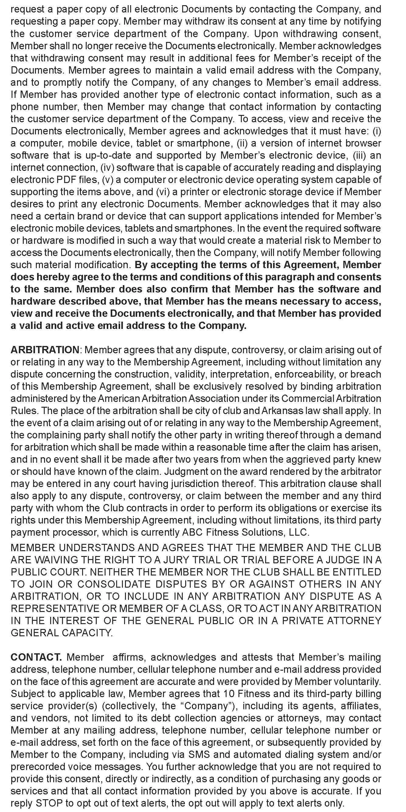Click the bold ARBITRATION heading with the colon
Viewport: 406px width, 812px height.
click(x=46, y=350)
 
